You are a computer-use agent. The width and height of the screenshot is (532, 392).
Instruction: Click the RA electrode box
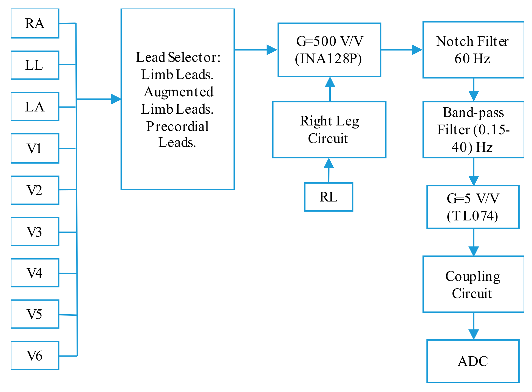pyautogui.click(x=35, y=23)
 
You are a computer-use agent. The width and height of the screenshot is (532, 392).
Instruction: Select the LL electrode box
pyautogui.click(x=35, y=65)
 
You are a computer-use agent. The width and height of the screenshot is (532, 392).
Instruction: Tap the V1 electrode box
pyautogui.click(x=35, y=148)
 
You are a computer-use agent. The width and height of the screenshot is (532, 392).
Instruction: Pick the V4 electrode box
pyautogui.click(x=35, y=273)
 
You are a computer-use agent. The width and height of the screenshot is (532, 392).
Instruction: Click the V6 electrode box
pyautogui.click(x=35, y=355)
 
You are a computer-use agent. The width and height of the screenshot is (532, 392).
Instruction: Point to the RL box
pyautogui.click(x=329, y=197)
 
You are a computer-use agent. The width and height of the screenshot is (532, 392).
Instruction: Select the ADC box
pyautogui.click(x=473, y=361)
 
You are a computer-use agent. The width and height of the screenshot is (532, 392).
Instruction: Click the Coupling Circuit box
pyautogui.click(x=473, y=284)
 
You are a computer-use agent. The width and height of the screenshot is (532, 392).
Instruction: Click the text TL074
pyautogui.click(x=472, y=216)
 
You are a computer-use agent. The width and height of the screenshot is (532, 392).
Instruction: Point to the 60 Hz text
pyautogui.click(x=472, y=59)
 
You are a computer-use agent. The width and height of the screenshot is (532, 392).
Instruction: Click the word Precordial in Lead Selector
pyautogui.click(x=177, y=126)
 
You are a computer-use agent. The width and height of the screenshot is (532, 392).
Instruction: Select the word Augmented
pyautogui.click(x=179, y=92)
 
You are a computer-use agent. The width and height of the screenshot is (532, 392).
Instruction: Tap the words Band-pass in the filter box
pyautogui.click(x=473, y=112)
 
